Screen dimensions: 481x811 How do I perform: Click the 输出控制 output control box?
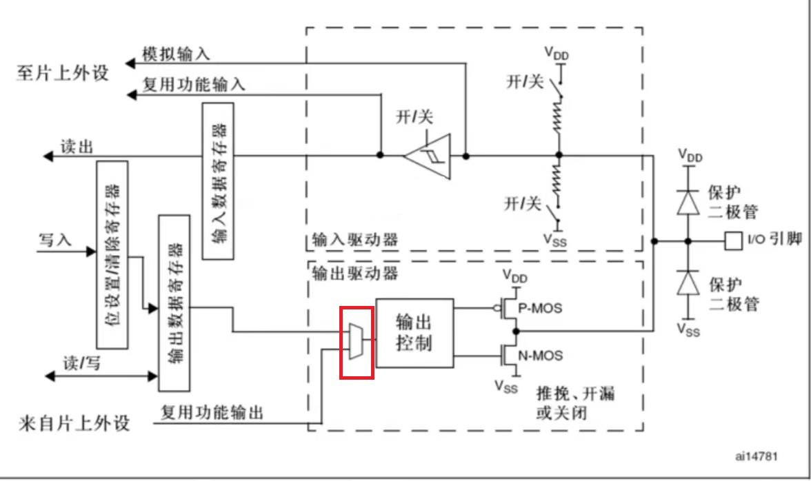coord(414,333)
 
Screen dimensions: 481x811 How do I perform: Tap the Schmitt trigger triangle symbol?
coord(427,156)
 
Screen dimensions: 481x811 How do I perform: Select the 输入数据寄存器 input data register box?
coord(218,181)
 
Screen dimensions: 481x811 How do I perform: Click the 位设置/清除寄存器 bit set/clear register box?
coord(112,254)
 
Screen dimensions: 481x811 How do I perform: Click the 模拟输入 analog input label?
coord(176,54)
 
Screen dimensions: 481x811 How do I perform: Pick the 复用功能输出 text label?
coord(212,413)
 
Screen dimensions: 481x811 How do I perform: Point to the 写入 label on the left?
coord(55,240)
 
